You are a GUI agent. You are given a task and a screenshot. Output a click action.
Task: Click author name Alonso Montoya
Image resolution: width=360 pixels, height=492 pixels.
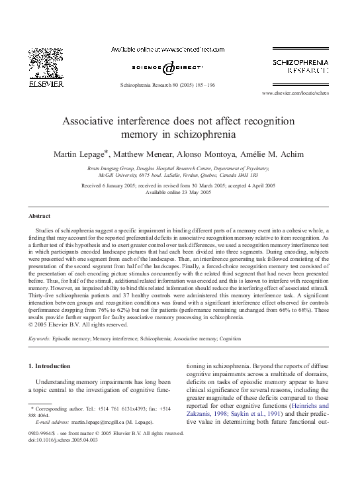pyautogui.click(x=213, y=154)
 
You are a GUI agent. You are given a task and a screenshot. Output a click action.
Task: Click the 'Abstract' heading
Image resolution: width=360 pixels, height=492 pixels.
pyautogui.click(x=40, y=217)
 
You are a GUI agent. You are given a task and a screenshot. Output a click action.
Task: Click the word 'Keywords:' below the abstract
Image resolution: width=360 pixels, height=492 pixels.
pyautogui.click(x=41, y=338)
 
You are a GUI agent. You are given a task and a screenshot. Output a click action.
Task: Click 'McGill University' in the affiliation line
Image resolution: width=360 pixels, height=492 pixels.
pyautogui.click(x=116, y=175)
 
